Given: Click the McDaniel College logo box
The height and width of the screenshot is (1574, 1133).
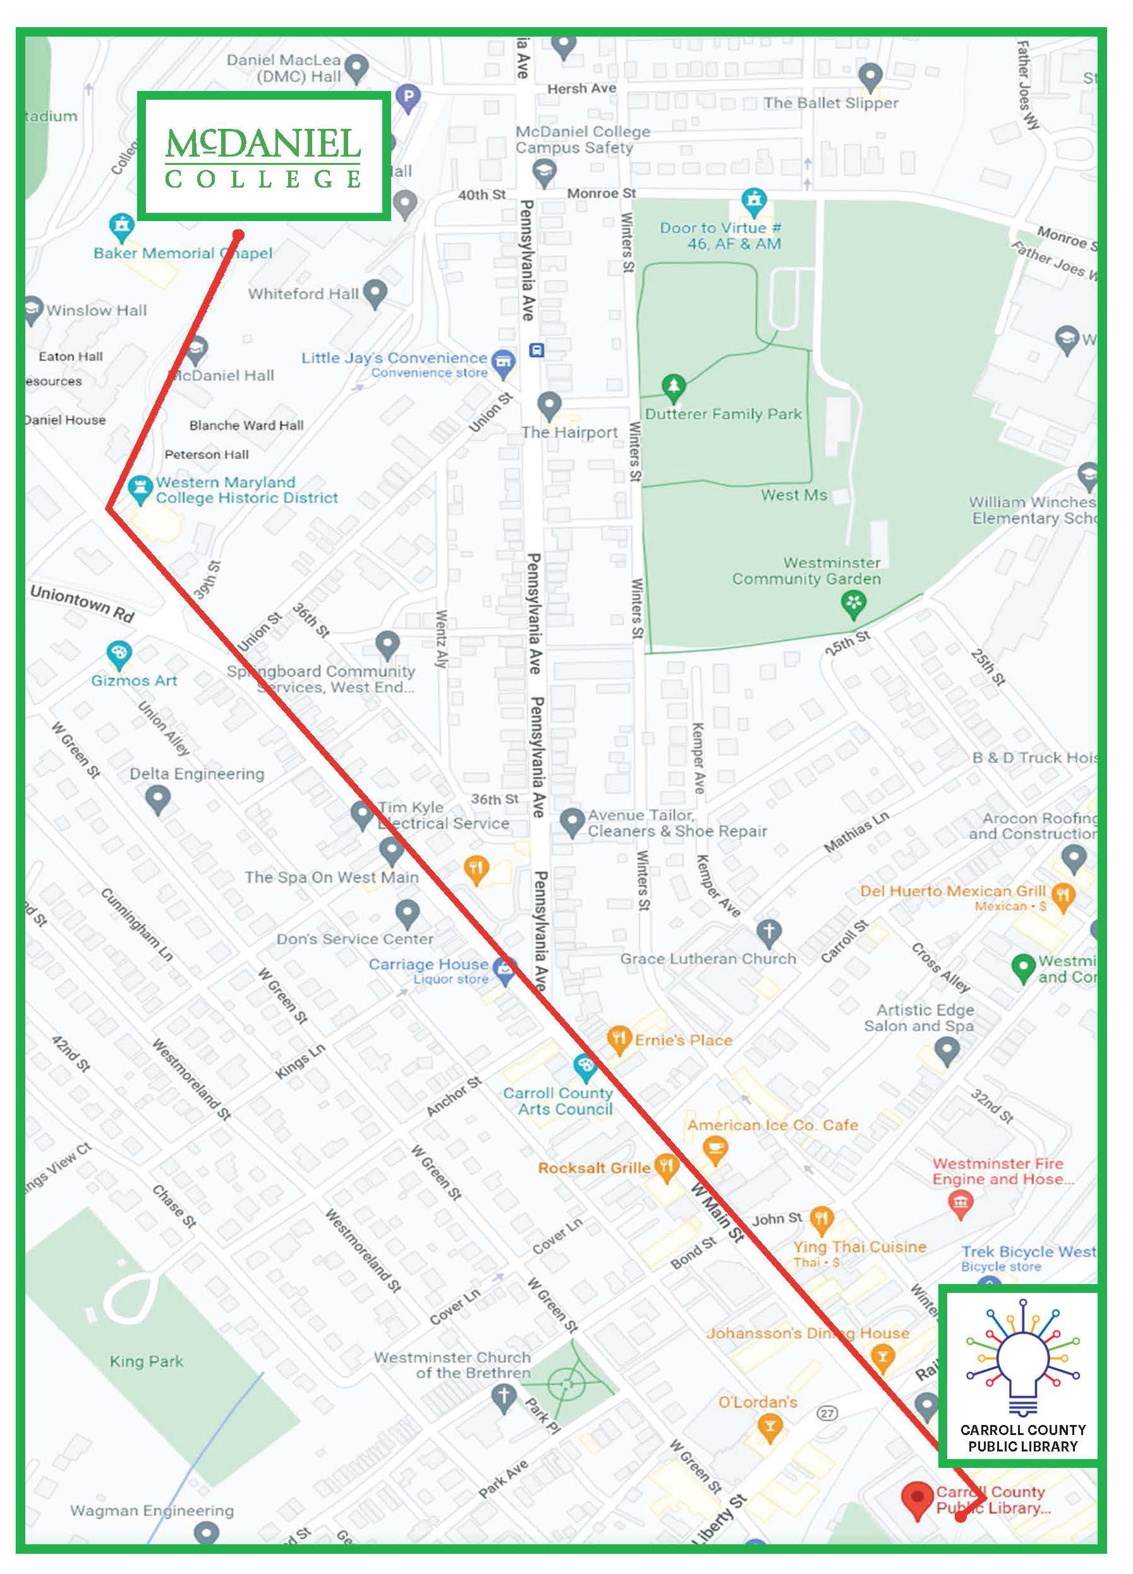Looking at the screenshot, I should tap(263, 156).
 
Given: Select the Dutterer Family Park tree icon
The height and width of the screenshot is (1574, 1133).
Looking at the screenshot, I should tap(673, 387).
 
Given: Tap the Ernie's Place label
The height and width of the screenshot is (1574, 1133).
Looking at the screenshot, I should tap(683, 1040).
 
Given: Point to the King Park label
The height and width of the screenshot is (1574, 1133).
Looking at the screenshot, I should tap(147, 1362).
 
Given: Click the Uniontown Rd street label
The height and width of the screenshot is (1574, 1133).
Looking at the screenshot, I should tap(82, 603).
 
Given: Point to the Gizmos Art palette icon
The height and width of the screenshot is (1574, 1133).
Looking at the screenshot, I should tap(119, 653).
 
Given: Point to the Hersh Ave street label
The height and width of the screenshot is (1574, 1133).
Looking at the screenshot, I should tap(582, 88).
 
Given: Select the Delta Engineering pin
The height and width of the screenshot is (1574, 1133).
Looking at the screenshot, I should tap(158, 799).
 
